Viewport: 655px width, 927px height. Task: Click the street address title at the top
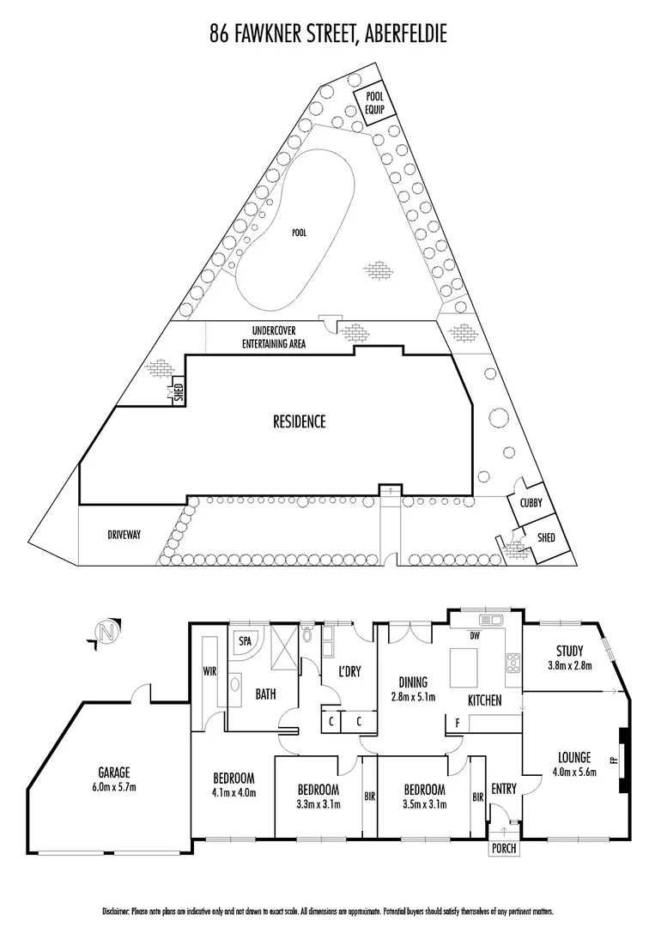pos(327,34)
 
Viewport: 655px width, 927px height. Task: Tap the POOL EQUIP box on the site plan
pos(374,102)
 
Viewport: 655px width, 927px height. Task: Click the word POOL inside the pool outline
pos(298,232)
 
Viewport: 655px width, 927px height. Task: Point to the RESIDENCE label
pos(299,421)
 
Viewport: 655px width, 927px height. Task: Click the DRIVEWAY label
pos(124,534)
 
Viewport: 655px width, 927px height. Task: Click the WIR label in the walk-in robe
pos(208,672)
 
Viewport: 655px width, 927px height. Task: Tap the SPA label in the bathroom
pos(244,640)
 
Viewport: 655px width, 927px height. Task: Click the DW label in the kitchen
pos(475,636)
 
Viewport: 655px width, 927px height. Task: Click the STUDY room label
pos(569,651)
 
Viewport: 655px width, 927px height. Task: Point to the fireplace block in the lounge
pos(624,752)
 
